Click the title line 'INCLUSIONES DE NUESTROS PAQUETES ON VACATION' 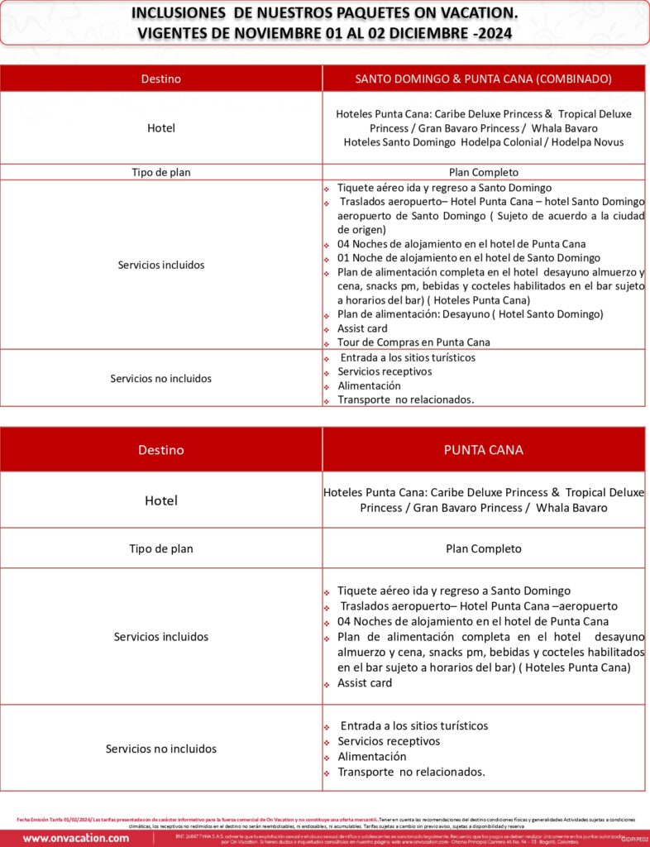325,13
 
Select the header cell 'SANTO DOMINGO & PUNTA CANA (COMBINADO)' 484,79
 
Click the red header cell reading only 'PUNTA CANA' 484,450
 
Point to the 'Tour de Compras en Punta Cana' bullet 413,342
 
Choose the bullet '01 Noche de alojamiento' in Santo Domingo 468,258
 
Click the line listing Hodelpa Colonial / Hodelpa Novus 484,142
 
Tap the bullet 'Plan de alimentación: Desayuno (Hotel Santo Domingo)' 470,314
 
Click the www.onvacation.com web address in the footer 76,838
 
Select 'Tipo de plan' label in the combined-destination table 161,172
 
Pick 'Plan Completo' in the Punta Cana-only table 484,548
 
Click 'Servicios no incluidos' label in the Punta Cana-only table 161,749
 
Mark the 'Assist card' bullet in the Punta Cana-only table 365,683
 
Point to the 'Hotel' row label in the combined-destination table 161,128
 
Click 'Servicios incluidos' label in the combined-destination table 161,265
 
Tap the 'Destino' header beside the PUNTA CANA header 161,450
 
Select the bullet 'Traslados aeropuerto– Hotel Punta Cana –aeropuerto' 477,606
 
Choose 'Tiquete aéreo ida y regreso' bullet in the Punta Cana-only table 453,591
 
